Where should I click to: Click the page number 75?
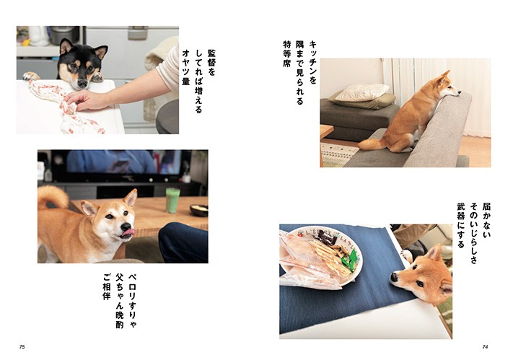tap(22, 348)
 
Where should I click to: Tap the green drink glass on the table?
tap(172, 200)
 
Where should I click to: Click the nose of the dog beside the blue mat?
tap(394, 276)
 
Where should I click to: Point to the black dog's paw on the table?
tap(30, 76)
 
